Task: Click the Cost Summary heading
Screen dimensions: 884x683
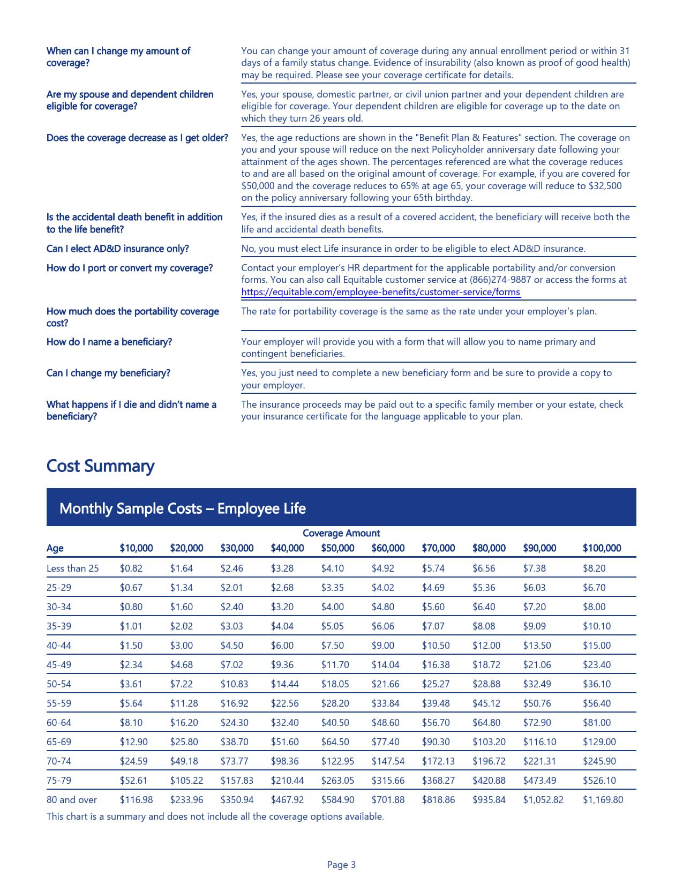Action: tap(100, 466)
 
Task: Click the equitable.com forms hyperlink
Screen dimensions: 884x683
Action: tap(380, 292)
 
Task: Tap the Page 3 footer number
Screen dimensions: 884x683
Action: tap(341, 864)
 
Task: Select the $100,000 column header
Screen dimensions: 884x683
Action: tap(602, 548)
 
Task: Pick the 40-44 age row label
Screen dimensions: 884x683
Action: tap(58, 646)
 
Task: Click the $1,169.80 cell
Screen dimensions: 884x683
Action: tap(603, 800)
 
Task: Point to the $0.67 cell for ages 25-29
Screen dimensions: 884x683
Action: tap(131, 588)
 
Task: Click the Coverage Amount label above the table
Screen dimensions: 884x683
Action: tap(341, 533)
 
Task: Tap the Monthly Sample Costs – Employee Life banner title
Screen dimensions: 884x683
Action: tap(182, 508)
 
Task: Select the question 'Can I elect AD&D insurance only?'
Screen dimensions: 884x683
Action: tap(117, 249)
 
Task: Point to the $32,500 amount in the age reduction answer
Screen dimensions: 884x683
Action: tap(605, 186)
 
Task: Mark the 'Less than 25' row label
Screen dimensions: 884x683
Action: tap(72, 568)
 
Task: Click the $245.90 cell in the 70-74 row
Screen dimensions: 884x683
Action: tap(599, 761)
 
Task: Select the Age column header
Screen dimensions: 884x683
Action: tap(55, 548)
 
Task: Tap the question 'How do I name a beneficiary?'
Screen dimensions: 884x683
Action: tap(109, 342)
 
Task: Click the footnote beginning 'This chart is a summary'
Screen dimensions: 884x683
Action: tap(215, 816)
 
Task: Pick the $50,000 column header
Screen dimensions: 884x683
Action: tap(337, 548)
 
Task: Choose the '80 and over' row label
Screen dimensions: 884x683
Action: tap(71, 800)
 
